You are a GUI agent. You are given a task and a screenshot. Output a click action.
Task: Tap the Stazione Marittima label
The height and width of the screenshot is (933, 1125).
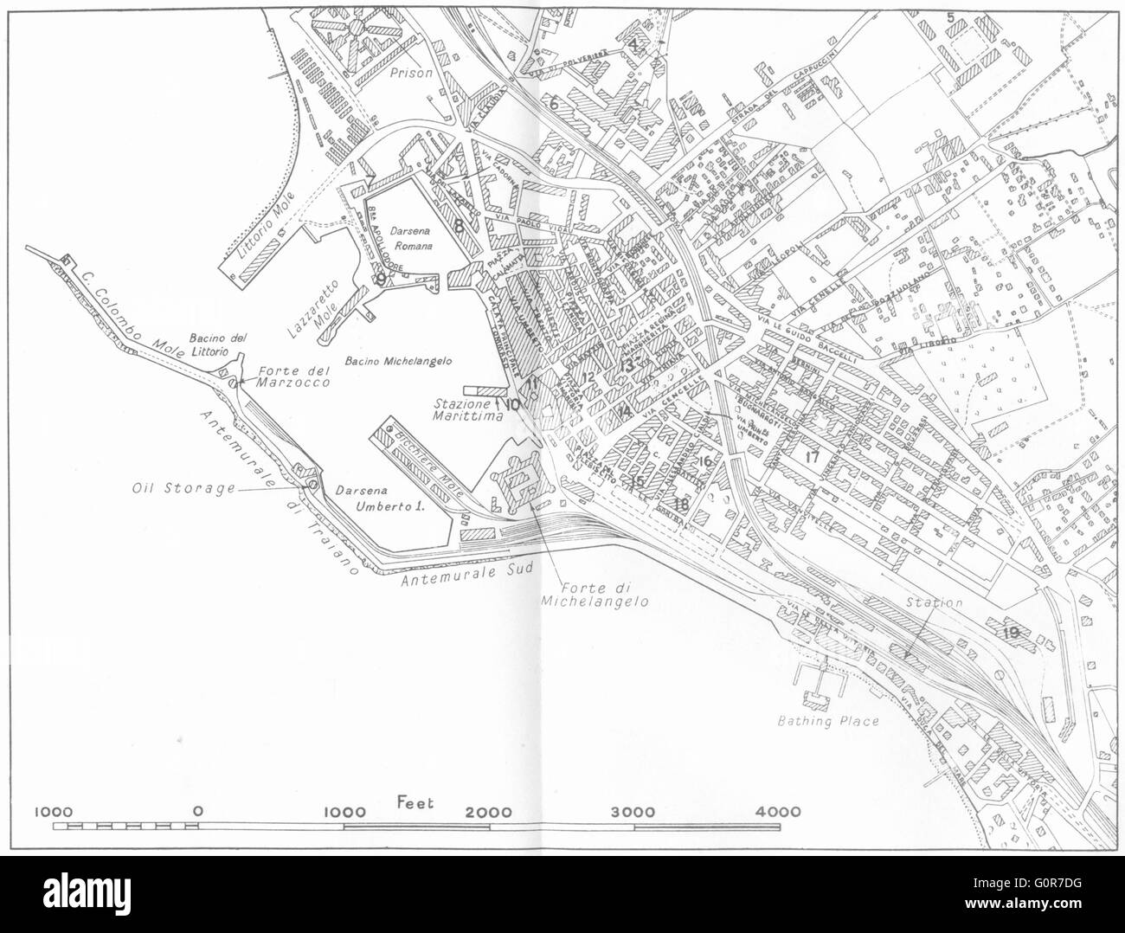click(468, 410)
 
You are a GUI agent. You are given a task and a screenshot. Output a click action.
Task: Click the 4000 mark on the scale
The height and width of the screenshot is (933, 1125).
click(777, 812)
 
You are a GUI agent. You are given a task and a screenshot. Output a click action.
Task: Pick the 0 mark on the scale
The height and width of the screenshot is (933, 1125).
click(199, 812)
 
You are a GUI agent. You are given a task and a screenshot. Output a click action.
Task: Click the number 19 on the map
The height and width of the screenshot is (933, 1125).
click(1010, 633)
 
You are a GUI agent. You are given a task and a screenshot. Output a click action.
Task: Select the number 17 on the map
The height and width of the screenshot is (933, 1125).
click(811, 456)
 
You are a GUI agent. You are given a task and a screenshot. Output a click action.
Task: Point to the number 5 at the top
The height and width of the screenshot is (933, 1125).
click(950, 16)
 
